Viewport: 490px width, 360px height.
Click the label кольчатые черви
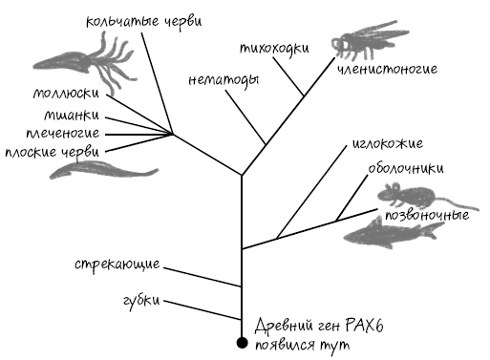144,22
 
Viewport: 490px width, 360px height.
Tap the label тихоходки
274,49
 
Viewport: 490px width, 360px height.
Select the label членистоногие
387,69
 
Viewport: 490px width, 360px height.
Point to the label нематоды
224,80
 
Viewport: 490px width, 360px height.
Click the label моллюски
66,94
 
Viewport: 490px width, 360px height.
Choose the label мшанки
72,115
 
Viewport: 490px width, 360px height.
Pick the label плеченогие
63,133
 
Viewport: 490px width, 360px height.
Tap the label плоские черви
53,152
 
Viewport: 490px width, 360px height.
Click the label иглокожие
388,144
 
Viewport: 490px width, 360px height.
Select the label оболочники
406,168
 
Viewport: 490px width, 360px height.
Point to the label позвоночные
427,215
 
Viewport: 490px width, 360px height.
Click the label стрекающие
117,264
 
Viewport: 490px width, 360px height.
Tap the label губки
141,301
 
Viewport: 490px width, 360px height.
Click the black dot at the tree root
242,343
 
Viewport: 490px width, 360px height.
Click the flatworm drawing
102,169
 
